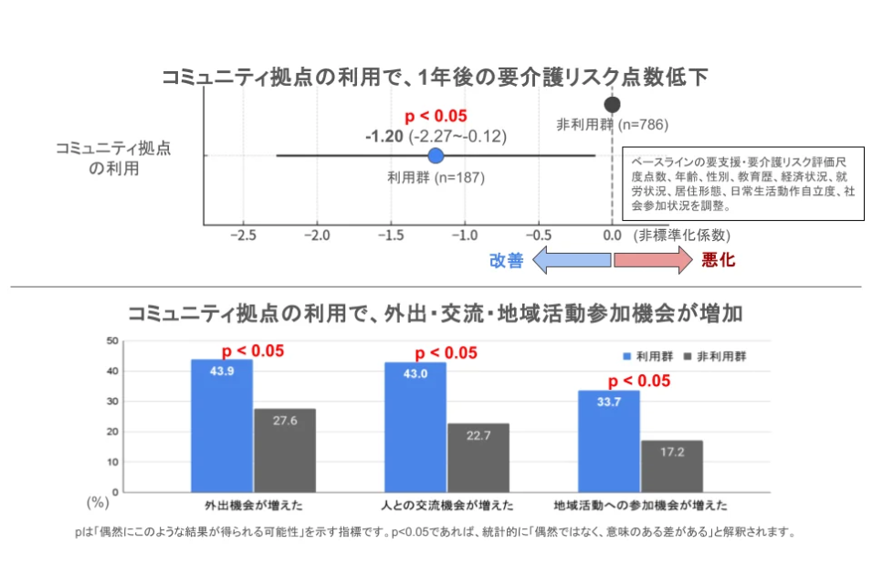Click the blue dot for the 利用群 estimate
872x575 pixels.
[436, 156]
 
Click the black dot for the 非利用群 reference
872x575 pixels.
[612, 104]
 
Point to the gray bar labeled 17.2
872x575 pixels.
[671, 466]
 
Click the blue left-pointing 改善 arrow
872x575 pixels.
[571, 261]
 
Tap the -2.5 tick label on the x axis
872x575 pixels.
[243, 235]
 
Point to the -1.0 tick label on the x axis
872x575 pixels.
[464, 235]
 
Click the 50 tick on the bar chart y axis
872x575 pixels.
[113, 341]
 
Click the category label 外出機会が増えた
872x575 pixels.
[254, 504]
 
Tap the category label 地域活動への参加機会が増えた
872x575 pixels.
[640, 504]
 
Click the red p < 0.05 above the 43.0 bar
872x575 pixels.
[447, 353]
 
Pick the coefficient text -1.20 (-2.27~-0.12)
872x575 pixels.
[436, 136]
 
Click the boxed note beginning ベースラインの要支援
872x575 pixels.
[741, 183]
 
